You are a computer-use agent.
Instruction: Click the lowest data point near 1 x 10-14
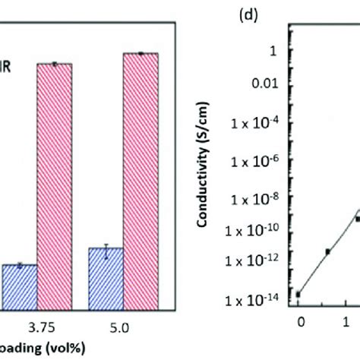(298, 294)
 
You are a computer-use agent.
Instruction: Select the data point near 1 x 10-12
(328, 251)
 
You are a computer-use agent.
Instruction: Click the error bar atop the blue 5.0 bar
(106, 248)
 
